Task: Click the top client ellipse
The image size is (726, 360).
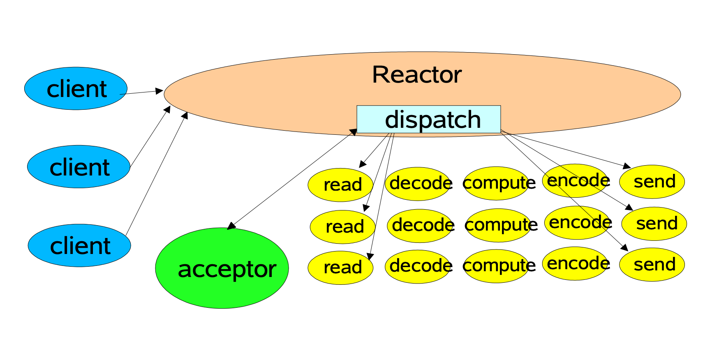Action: (x=76, y=88)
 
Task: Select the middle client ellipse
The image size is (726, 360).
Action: (x=79, y=167)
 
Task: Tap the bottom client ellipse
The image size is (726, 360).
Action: (x=79, y=245)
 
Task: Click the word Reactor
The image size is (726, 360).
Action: (x=416, y=75)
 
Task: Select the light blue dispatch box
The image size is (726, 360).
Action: (x=428, y=119)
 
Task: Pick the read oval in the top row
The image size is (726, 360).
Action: (x=340, y=185)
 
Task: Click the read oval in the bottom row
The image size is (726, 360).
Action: (x=340, y=268)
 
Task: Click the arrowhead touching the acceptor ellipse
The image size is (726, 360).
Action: (x=231, y=226)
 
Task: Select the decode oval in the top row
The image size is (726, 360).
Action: (x=418, y=184)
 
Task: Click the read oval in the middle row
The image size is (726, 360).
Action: (x=342, y=227)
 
